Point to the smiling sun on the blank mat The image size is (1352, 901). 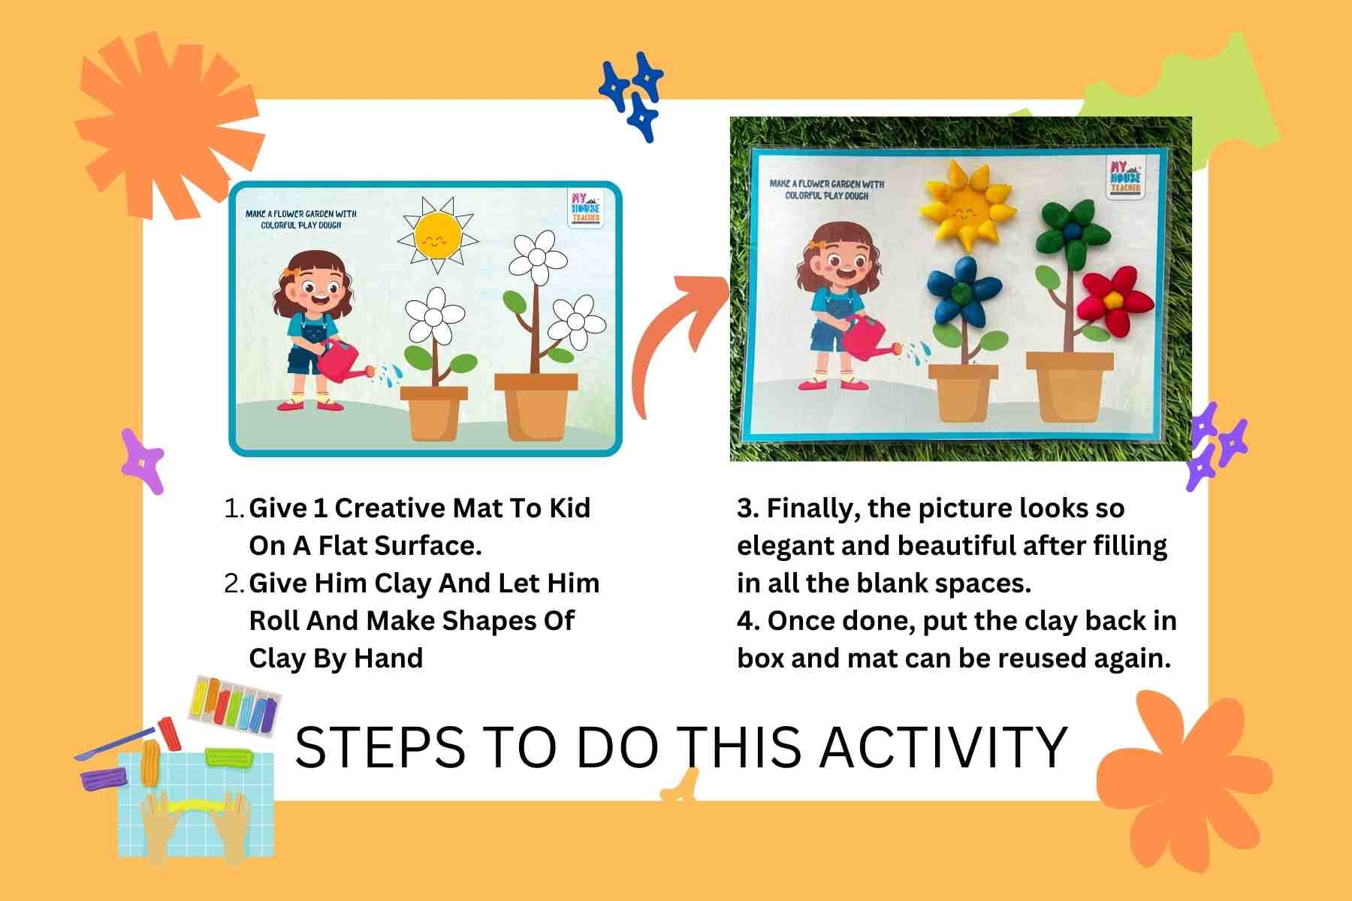[437, 236]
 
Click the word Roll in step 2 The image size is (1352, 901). [273, 621]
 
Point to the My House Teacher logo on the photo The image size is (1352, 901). [1124, 178]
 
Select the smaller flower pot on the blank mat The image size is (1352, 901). [434, 413]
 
